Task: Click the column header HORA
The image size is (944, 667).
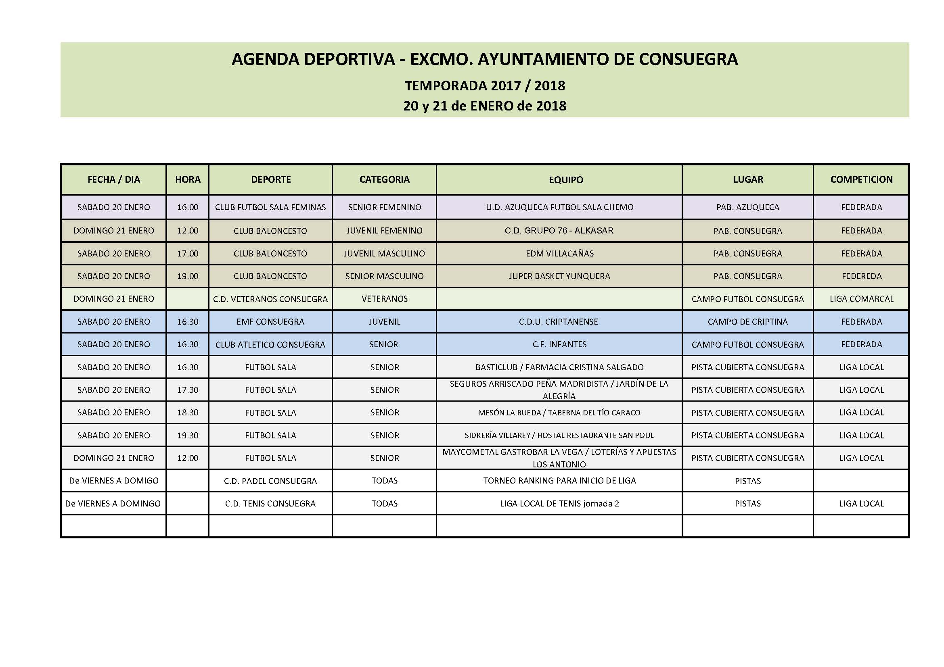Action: pos(188,179)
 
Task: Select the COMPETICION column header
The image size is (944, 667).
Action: pos(861,179)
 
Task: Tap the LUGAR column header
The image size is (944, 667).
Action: pos(748,179)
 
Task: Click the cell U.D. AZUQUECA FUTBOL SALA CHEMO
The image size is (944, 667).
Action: pos(559,207)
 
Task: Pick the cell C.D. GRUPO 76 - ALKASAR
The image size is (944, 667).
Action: pos(559,230)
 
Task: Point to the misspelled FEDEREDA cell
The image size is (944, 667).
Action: pos(861,276)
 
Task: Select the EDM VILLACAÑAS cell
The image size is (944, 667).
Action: pos(559,253)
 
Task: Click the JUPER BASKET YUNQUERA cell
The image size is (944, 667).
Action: pos(559,276)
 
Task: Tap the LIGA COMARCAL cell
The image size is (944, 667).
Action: pos(861,299)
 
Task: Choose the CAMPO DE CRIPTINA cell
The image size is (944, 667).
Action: pos(747,321)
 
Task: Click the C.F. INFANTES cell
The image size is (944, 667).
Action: pos(559,344)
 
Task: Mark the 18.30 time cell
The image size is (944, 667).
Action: pos(188,413)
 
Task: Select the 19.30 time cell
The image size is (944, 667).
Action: pos(188,436)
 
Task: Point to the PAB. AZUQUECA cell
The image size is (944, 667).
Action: pos(747,207)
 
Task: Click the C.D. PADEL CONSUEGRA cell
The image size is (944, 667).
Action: pos(270,481)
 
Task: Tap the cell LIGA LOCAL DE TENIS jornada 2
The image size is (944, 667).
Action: pos(559,504)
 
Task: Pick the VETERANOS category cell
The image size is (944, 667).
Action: pos(385,299)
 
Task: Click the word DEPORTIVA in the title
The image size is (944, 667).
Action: pos(349,59)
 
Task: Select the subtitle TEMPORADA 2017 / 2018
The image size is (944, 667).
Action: pos(485,86)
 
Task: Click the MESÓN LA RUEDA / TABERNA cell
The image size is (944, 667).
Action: pos(559,413)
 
